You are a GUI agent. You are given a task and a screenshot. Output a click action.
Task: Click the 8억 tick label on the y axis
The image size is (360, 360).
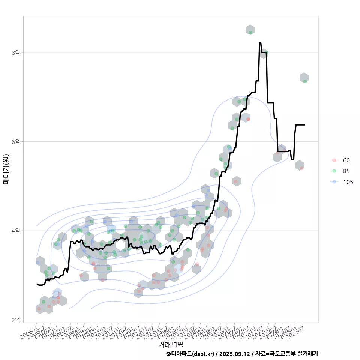tap(15, 52)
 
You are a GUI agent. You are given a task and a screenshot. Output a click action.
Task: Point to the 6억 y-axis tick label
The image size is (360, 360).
tap(15, 141)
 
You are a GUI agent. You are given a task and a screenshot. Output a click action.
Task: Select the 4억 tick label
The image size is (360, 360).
tap(15, 230)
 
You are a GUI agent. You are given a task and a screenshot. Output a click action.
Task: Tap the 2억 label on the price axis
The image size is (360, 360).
tap(15, 319)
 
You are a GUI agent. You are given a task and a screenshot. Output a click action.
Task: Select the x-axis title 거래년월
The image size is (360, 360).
tap(171, 344)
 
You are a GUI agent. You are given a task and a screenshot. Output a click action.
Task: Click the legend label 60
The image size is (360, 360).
tap(346, 160)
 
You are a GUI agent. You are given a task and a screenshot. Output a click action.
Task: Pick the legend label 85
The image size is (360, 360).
tap(346, 171)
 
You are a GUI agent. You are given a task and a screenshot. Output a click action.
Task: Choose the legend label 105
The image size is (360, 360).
tap(348, 182)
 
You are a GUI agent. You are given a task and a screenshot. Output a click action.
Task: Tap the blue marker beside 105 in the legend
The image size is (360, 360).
tap(333, 182)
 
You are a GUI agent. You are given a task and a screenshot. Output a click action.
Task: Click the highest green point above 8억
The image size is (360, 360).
tap(250, 32)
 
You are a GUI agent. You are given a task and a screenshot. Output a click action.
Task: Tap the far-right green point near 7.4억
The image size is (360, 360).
tap(305, 81)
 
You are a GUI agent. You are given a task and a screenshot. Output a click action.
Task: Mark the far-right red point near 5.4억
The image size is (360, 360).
tap(301, 168)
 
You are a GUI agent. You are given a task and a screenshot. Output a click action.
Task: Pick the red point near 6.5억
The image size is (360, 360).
tap(248, 119)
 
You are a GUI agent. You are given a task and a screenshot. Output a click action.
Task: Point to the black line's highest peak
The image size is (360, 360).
tap(260, 43)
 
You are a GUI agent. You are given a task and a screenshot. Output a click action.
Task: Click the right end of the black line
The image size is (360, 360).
tap(304, 125)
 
